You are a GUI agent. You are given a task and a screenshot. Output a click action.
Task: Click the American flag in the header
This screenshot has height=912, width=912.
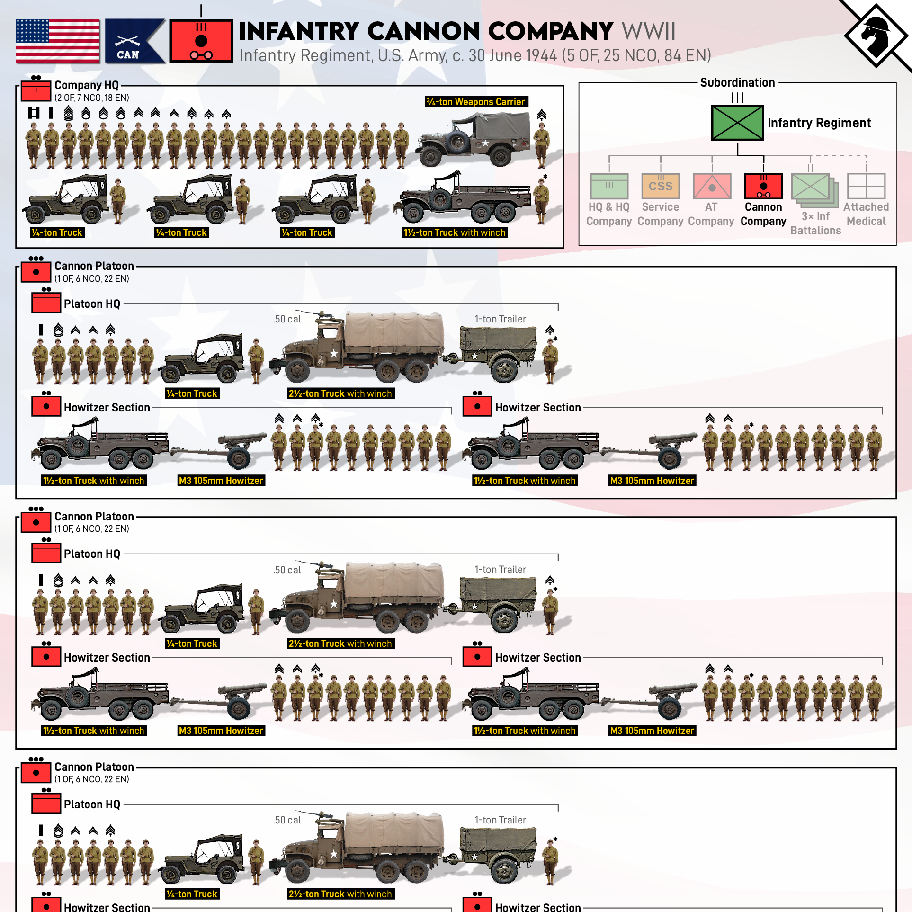[x=58, y=41]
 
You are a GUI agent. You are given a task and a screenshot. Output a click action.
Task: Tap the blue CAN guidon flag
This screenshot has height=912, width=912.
[x=135, y=41]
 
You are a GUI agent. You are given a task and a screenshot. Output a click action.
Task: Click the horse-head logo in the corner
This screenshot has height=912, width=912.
[x=876, y=35]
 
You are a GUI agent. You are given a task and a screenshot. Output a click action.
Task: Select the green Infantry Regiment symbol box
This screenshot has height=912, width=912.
[x=737, y=123]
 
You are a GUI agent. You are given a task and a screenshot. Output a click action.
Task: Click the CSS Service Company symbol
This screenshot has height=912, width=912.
[x=661, y=186]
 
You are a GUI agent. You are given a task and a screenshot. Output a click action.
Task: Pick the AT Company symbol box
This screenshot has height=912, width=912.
[x=712, y=186]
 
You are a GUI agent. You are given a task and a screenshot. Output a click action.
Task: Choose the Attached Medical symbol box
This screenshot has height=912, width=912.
[x=867, y=186]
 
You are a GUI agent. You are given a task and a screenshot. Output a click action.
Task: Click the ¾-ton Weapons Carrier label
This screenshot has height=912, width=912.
[x=476, y=102]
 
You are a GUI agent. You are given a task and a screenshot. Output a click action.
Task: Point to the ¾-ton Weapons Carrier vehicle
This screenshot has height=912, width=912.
[x=473, y=138]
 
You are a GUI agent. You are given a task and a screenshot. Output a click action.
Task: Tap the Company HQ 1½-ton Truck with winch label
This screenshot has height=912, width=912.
[x=455, y=232]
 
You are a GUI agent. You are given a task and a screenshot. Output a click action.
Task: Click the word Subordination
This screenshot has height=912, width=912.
[x=737, y=82]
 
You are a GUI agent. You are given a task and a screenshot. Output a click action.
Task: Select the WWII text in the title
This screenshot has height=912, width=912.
[x=649, y=31]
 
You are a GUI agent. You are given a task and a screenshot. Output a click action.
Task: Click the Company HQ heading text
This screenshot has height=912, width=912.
[x=87, y=85]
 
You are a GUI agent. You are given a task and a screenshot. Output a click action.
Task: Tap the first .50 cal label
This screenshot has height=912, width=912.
[x=287, y=319]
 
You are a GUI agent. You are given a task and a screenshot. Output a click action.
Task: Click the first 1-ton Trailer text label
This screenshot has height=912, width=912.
[x=501, y=319]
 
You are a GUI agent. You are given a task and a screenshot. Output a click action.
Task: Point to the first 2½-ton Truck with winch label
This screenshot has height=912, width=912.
[x=340, y=393]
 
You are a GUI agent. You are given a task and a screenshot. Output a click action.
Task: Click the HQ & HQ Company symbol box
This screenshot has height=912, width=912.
[x=609, y=186]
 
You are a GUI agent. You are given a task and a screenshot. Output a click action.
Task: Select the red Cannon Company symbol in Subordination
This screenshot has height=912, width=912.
[x=763, y=186]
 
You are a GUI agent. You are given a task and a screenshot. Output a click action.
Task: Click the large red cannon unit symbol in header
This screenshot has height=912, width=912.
[x=201, y=41]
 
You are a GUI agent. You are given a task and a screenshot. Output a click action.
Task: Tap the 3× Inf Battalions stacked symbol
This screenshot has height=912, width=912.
[x=815, y=190]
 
